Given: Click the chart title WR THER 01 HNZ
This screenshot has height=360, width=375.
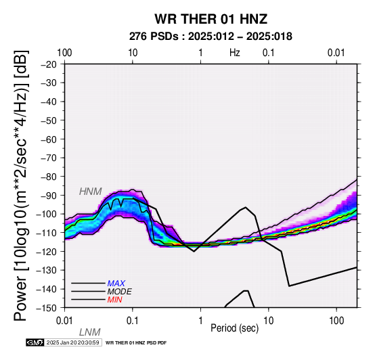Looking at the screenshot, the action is click(x=211, y=19).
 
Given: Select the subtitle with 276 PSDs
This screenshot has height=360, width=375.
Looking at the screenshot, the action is click(x=211, y=37).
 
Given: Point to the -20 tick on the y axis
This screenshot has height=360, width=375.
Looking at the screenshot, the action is click(x=49, y=64).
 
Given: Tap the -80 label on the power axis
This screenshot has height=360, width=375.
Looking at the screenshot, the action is click(x=49, y=177).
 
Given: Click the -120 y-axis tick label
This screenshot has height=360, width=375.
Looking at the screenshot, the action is click(x=46, y=252).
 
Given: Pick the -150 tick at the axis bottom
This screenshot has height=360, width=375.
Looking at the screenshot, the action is click(x=46, y=308).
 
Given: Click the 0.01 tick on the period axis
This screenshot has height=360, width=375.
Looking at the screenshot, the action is click(x=64, y=321).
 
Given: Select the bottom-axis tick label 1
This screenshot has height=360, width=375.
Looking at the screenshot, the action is click(x=200, y=321).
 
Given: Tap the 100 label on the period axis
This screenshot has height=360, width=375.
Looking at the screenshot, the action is click(x=336, y=321).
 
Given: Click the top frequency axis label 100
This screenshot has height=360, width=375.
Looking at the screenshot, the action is click(x=64, y=53).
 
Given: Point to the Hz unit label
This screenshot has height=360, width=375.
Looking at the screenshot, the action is click(x=235, y=53).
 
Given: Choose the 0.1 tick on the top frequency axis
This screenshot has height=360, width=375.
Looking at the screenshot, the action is click(x=268, y=53).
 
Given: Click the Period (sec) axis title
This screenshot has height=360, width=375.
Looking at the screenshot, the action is click(x=235, y=328).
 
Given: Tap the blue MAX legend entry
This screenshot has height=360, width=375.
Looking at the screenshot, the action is click(x=116, y=284).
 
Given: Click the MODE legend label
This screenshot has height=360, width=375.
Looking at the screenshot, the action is click(x=120, y=292).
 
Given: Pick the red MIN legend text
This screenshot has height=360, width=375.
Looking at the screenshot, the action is click(x=115, y=300).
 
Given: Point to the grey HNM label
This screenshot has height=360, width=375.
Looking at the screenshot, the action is click(x=91, y=192).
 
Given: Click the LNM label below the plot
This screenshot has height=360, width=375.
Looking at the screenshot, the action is click(x=89, y=332).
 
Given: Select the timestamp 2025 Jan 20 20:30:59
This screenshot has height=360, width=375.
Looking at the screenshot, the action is click(x=72, y=343).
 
